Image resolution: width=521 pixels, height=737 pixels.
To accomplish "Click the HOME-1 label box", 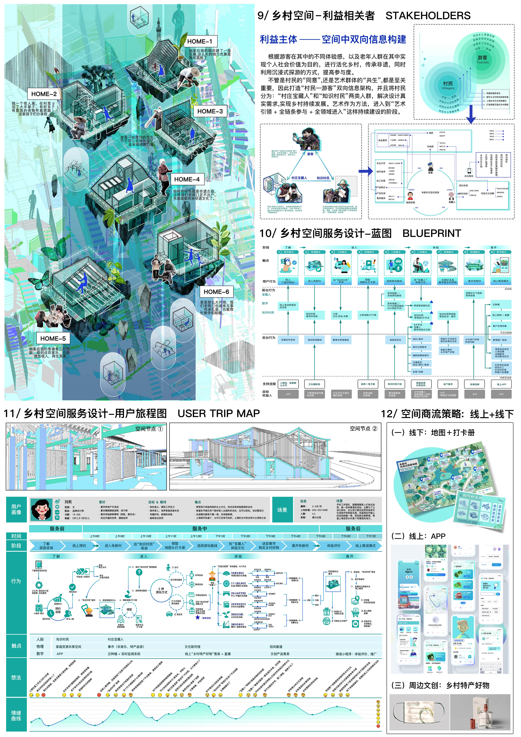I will (200, 41).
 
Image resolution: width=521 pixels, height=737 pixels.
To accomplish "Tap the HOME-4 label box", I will (187, 179).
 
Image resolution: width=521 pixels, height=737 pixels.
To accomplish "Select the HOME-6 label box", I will (216, 292).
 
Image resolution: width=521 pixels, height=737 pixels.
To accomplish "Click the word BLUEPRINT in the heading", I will (432, 233).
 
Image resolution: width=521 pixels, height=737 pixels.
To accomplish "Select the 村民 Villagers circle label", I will (448, 85).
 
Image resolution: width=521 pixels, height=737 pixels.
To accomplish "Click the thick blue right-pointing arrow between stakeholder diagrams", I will (365, 171).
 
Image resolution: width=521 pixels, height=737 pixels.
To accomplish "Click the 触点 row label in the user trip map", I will (16, 645).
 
